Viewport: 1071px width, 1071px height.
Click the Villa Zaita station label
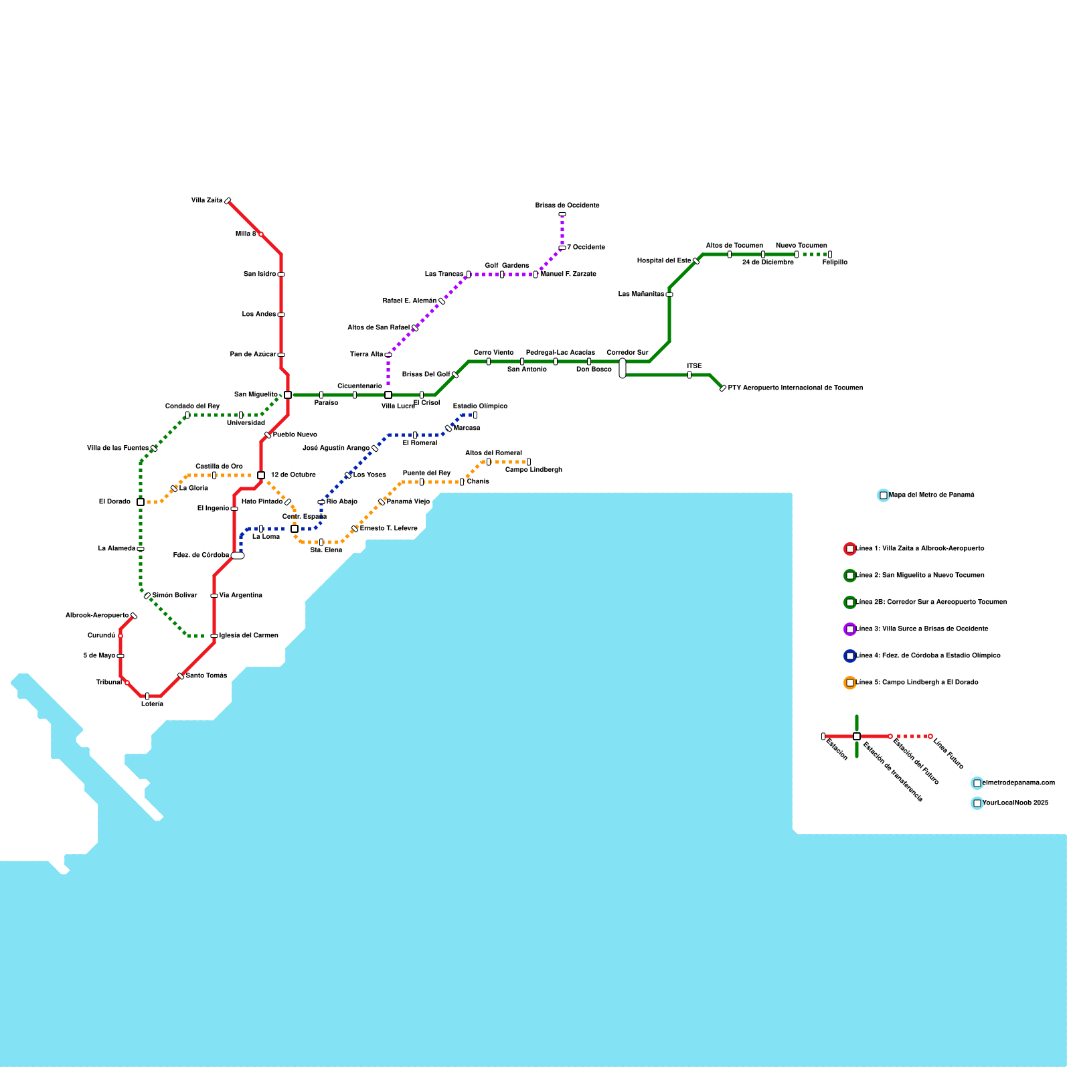[207, 201]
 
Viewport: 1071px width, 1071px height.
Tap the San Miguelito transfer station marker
[288, 395]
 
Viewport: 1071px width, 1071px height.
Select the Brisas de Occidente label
[567, 205]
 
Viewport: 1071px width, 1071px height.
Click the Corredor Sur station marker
[623, 368]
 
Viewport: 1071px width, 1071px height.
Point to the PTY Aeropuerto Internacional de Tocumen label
[795, 388]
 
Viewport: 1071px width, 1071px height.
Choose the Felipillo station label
[835, 262]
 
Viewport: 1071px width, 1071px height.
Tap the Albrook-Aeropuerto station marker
[134, 616]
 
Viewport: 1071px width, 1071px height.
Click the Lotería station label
[152, 704]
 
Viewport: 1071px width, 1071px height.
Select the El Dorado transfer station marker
[141, 502]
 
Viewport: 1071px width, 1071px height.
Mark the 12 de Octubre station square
[261, 475]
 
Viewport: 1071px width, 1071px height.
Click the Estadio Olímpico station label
[480, 406]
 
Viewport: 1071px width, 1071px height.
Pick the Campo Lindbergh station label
[533, 470]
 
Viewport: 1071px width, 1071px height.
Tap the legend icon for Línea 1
[850, 549]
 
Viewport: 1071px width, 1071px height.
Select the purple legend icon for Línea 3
[850, 629]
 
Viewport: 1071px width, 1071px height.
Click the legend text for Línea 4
[928, 656]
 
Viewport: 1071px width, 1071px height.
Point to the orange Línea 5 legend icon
[850, 683]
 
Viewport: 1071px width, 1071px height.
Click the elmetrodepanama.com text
[1018, 783]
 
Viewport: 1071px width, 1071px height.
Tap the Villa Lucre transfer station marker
[388, 395]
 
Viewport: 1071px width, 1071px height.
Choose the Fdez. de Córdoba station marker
[238, 556]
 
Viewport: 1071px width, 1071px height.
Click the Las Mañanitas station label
[641, 295]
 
